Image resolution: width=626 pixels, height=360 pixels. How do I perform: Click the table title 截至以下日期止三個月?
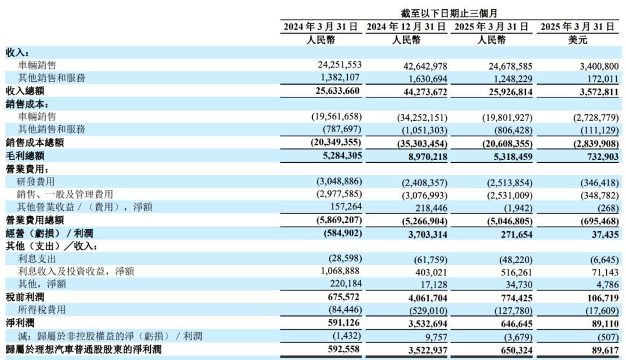coord(449,13)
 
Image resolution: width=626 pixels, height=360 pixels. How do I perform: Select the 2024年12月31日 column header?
coord(406,27)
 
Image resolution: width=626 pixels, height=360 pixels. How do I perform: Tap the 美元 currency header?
coord(578,40)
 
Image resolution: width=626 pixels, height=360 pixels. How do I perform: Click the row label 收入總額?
coord(25,91)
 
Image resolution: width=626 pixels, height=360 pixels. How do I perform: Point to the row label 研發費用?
coord(35,181)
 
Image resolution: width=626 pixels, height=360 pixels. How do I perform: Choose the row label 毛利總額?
coord(25,156)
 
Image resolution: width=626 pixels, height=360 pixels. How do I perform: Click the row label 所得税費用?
coord(42,310)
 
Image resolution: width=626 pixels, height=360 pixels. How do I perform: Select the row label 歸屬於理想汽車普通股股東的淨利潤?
coord(83,350)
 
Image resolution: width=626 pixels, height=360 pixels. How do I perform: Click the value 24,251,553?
coord(339,65)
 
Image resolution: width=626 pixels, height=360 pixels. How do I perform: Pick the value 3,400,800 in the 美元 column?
coord(599,66)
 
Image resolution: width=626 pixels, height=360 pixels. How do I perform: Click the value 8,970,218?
coord(428,157)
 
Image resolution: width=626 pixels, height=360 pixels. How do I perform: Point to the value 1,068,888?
coord(341,271)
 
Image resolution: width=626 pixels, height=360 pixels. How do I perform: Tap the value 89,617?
coord(605,350)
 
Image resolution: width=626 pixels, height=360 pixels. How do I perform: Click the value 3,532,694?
coord(428,323)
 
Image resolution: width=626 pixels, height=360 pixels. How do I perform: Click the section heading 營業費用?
coord(27,169)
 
